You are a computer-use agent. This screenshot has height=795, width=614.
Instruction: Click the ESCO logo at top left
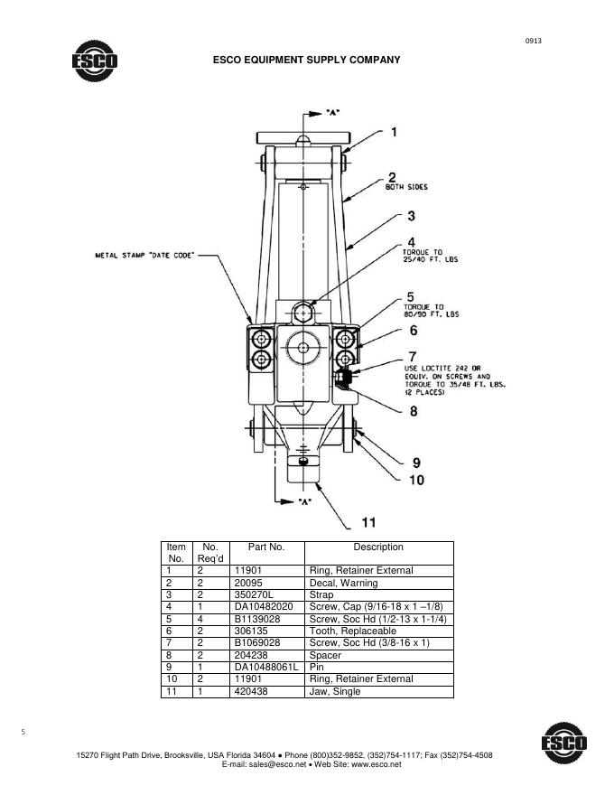tap(95, 61)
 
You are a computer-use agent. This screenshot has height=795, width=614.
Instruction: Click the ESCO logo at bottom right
tap(564, 743)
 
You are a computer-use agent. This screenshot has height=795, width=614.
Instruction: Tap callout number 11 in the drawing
tap(368, 522)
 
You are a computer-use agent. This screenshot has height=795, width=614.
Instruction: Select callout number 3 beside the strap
tap(412, 216)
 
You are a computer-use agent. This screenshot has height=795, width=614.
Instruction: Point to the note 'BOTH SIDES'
tap(406, 187)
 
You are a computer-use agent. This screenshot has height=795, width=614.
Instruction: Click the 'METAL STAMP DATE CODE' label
tap(144, 255)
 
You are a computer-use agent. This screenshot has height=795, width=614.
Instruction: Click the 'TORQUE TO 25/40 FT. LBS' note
tap(430, 256)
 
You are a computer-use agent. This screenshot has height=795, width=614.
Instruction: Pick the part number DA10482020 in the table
tap(264, 607)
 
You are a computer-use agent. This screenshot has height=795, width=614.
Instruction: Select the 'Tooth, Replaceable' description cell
tap(352, 631)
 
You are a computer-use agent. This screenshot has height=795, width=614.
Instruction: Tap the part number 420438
tap(251, 692)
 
